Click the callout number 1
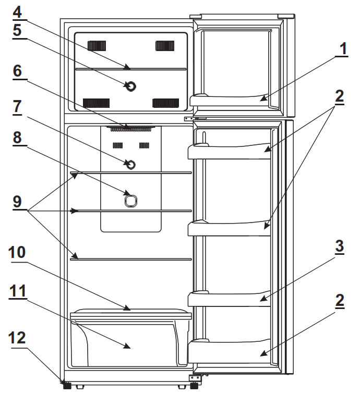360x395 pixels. coord(342,50)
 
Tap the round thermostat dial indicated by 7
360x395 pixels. coord(130,165)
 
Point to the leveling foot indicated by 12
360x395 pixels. coord(66,386)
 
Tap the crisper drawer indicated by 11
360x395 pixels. coord(128,344)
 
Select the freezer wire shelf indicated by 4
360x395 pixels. coord(130,68)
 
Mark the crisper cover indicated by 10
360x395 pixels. coord(130,312)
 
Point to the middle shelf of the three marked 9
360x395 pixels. coord(130,212)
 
